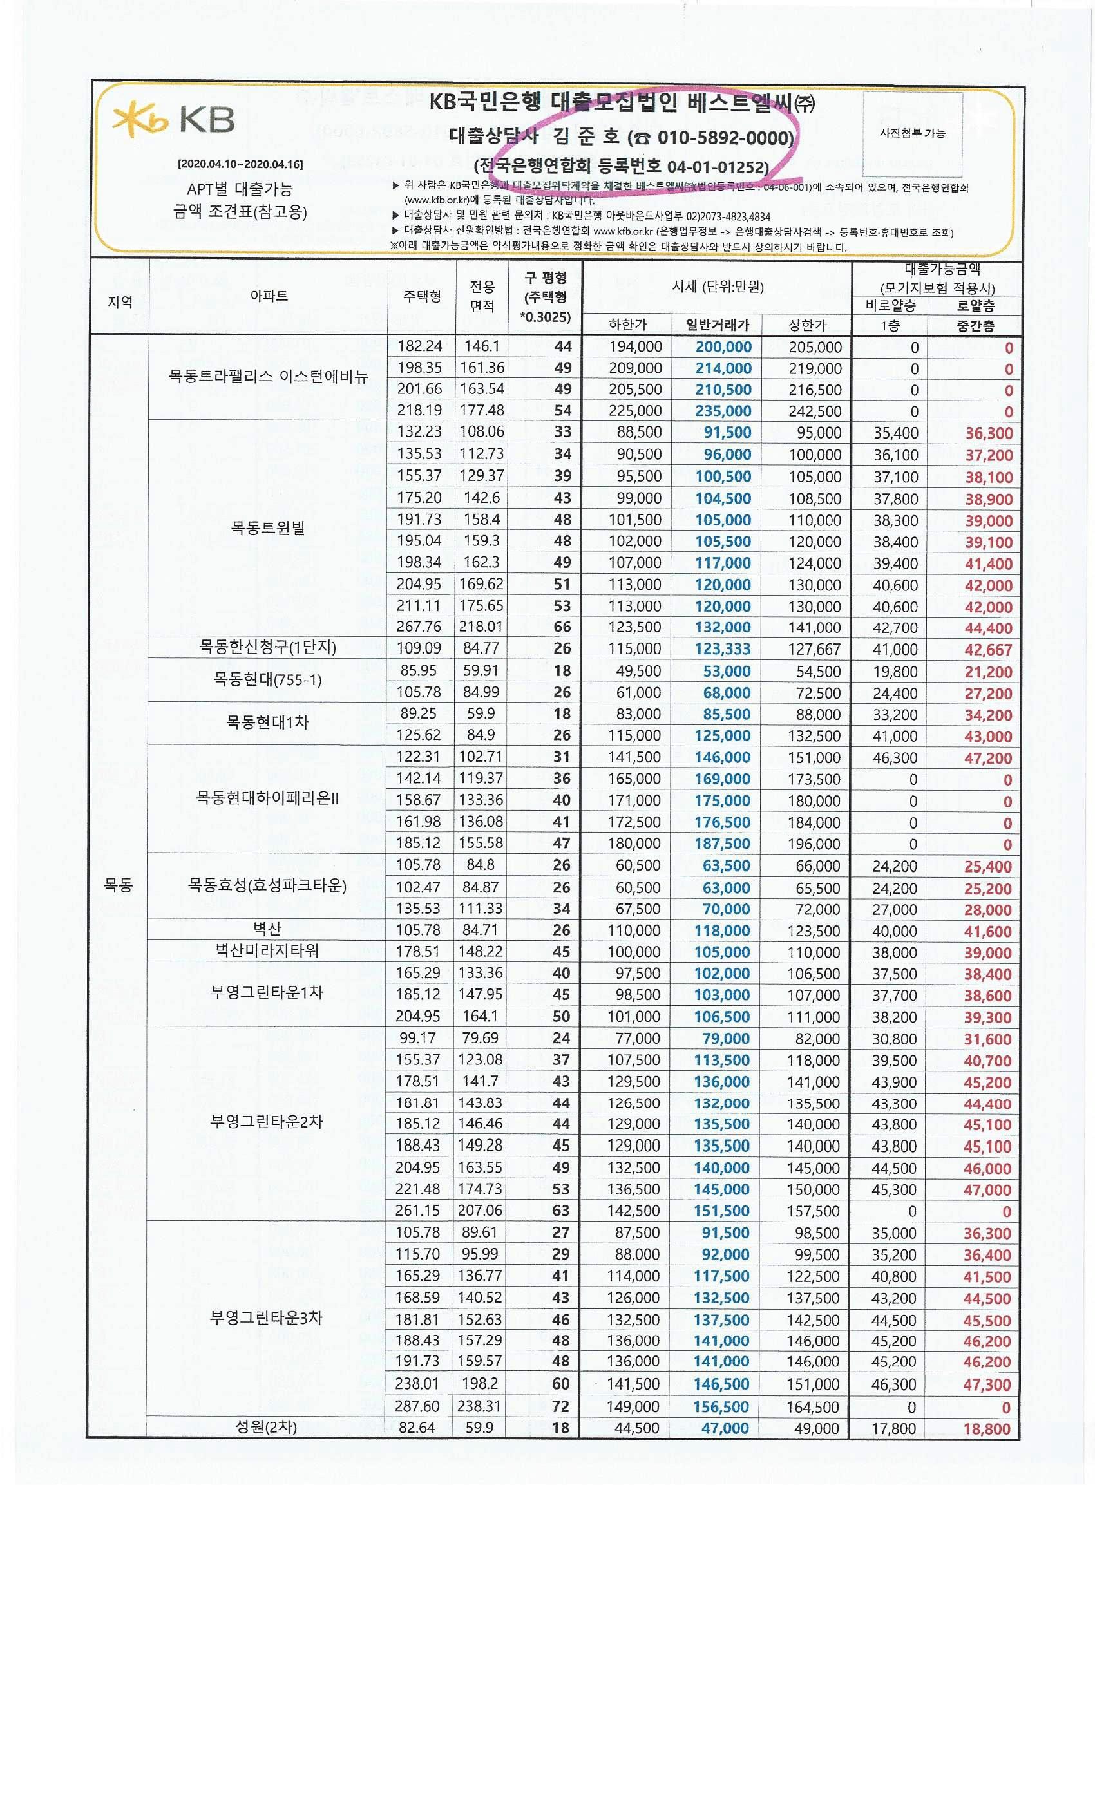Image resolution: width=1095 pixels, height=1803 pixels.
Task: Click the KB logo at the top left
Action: pyautogui.click(x=173, y=120)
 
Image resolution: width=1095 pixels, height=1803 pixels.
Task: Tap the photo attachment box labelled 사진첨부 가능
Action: pyautogui.click(x=912, y=133)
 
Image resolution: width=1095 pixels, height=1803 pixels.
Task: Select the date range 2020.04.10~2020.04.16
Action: pyautogui.click(x=240, y=165)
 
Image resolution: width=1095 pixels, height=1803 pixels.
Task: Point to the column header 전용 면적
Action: pyautogui.click(x=482, y=296)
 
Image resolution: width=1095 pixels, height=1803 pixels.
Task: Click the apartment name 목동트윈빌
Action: pyautogui.click(x=268, y=527)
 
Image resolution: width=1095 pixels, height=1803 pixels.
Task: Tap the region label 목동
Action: pyautogui.click(x=119, y=885)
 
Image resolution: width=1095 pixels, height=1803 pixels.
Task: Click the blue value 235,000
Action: pyautogui.click(x=723, y=411)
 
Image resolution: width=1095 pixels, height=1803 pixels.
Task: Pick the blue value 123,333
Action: pyautogui.click(x=723, y=649)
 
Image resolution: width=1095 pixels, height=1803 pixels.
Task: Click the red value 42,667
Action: pyautogui.click(x=987, y=650)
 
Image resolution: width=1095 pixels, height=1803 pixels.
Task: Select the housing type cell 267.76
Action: pyautogui.click(x=419, y=627)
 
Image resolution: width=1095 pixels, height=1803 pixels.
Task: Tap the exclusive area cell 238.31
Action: pyautogui.click(x=479, y=1406)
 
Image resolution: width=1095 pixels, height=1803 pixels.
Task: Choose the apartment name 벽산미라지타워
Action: pyautogui.click(x=267, y=950)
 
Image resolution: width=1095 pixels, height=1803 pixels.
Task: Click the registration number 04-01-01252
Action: pyautogui.click(x=718, y=167)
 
